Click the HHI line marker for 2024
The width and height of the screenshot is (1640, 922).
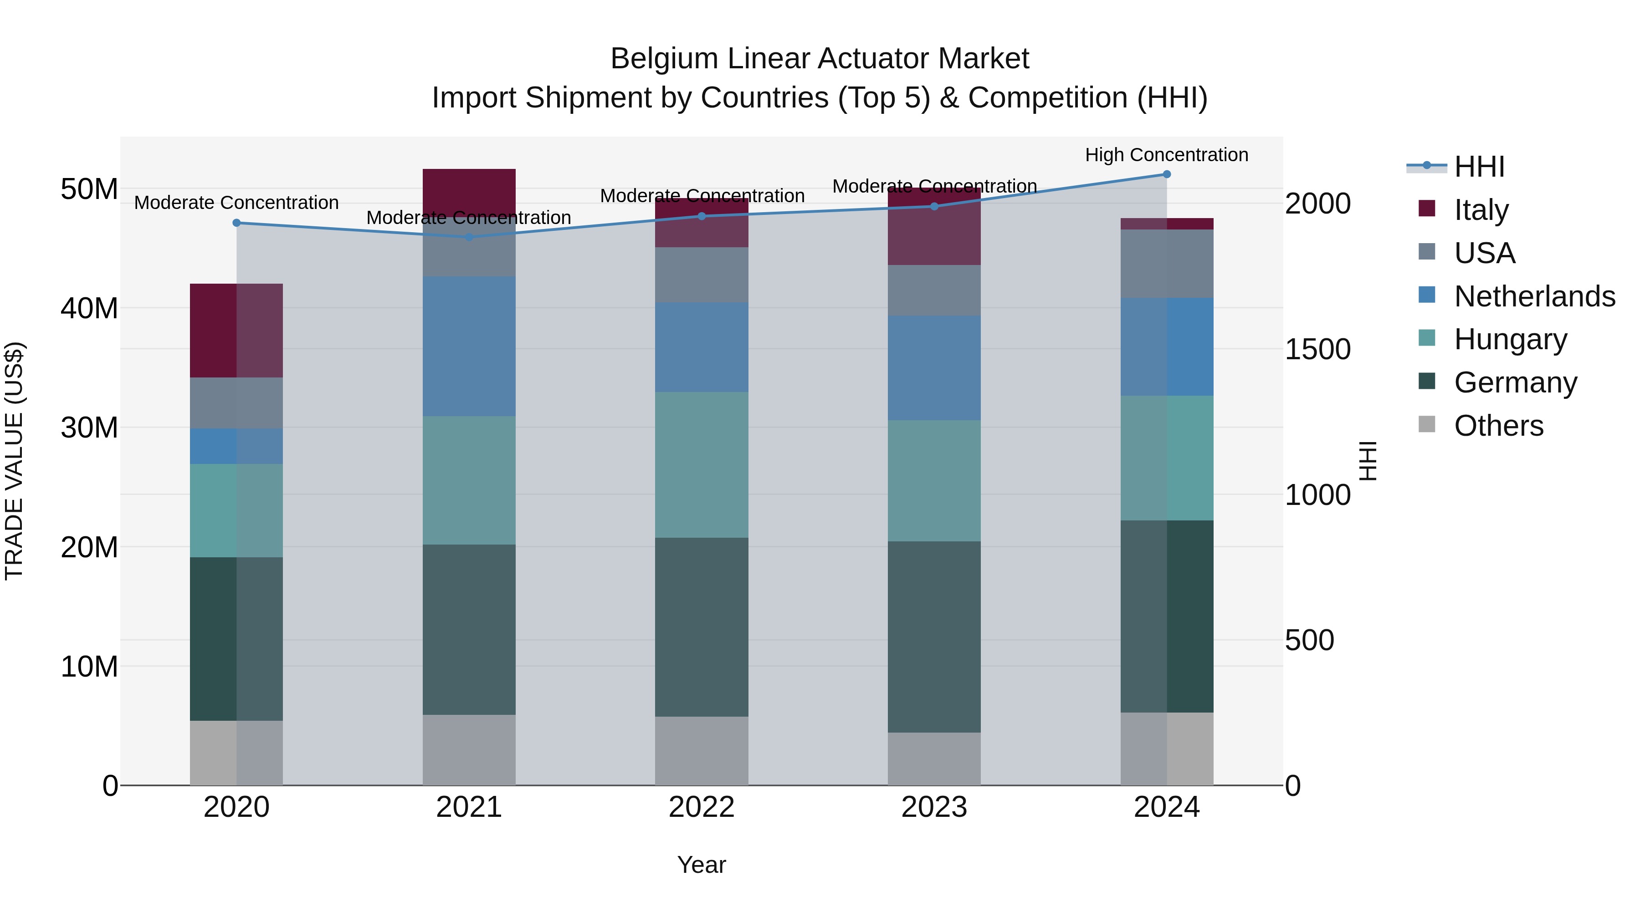1166,174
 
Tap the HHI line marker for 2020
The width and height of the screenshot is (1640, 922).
236,223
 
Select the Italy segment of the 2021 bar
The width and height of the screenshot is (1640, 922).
469,192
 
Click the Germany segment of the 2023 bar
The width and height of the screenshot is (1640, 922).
934,637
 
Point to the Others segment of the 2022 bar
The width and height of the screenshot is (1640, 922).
702,751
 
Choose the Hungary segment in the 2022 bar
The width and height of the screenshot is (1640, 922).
702,464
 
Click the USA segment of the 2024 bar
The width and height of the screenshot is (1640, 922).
1166,264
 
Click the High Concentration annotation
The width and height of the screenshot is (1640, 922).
1166,155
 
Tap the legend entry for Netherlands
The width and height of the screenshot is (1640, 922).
1534,296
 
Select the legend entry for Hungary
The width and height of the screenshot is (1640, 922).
1510,339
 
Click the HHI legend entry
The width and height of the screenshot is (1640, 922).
1479,167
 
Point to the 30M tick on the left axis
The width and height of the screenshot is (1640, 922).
89,428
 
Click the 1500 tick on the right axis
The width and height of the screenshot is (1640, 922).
1317,349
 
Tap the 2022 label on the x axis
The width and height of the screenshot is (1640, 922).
702,807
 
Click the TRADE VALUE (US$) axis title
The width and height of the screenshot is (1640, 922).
14,461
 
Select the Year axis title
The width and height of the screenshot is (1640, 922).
702,865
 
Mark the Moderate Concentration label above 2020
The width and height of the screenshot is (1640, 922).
236,202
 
